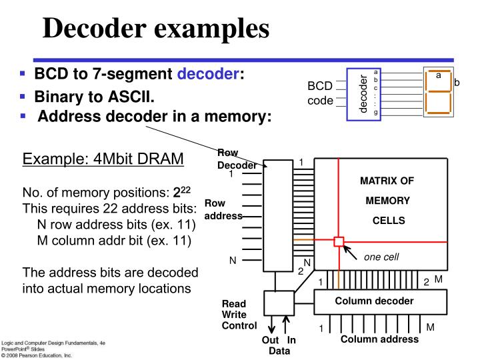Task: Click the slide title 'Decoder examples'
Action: click(x=157, y=28)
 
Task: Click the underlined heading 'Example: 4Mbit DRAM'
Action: click(x=99, y=160)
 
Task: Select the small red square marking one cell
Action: click(x=339, y=241)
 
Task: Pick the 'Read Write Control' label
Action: click(x=239, y=314)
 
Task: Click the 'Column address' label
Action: click(x=379, y=339)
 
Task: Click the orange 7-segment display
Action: click(x=437, y=92)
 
